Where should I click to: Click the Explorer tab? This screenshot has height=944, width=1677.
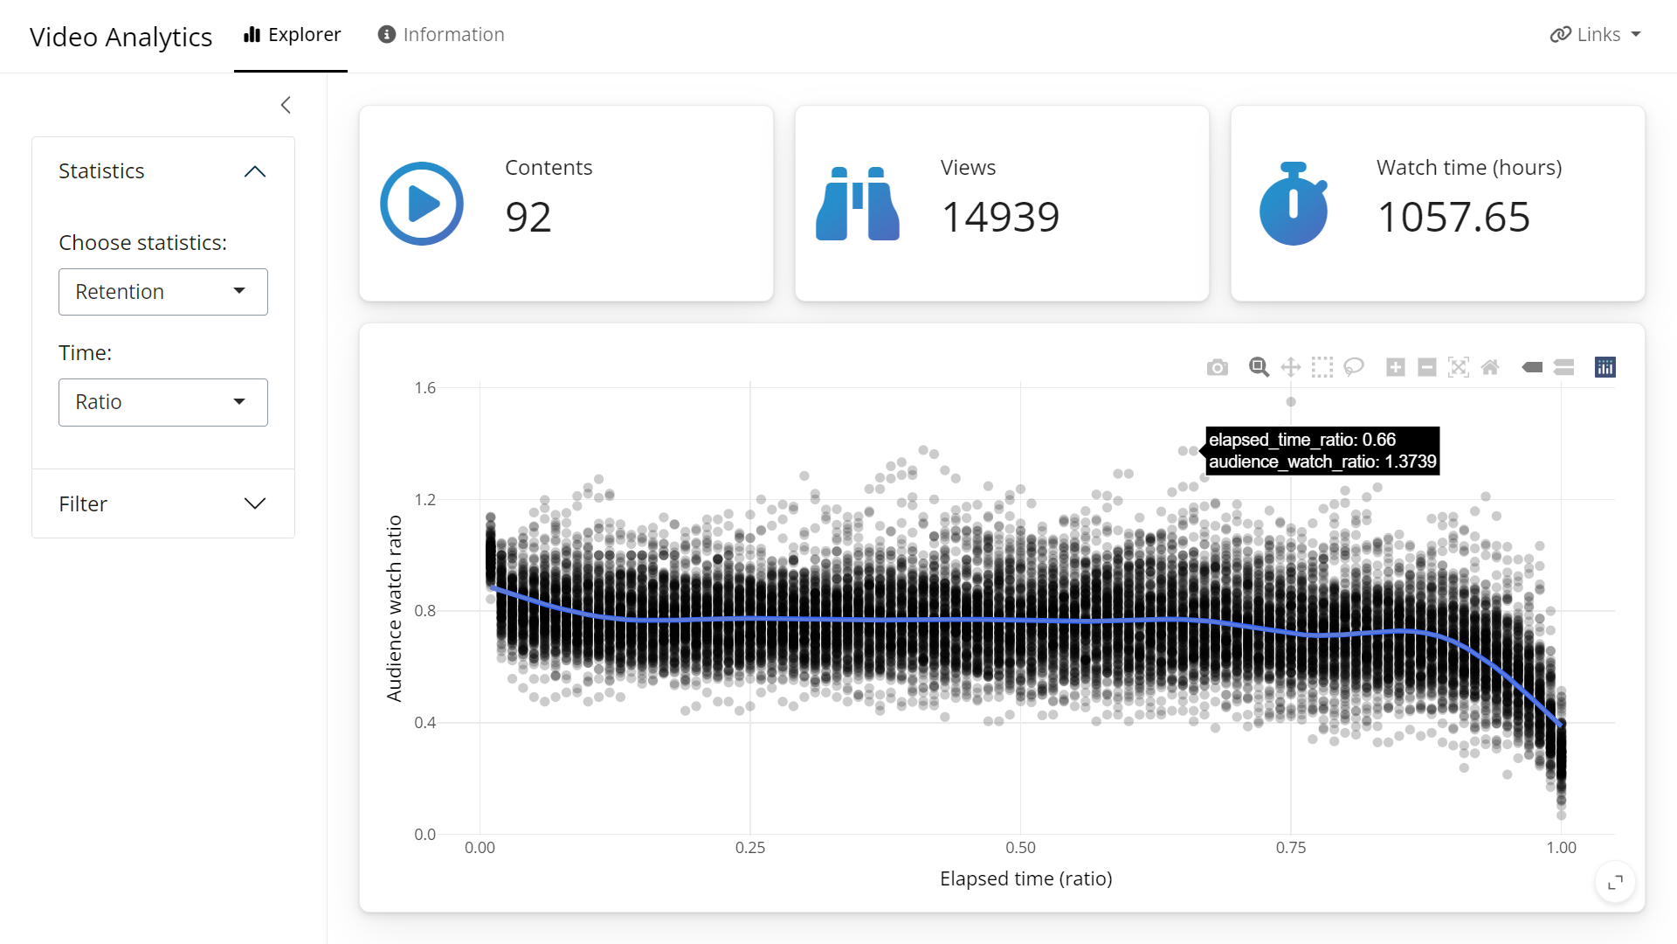click(292, 35)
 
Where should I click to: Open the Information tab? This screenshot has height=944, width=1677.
click(441, 35)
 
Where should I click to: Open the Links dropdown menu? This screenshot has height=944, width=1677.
click(1595, 35)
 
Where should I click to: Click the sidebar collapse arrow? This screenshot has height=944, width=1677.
click(286, 105)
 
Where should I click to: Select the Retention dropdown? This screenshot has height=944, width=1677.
click(163, 292)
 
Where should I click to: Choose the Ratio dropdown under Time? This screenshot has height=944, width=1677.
click(163, 402)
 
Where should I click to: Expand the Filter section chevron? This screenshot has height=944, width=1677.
click(254, 503)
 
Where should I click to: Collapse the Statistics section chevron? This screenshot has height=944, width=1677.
click(254, 171)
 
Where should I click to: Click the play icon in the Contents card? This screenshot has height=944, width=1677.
click(422, 204)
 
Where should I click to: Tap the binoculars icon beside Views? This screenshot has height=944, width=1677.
click(857, 204)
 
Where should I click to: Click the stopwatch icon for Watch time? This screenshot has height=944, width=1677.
click(1293, 204)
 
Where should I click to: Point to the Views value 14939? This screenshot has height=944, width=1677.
click(1000, 217)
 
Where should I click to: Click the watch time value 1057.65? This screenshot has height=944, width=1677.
click(1453, 217)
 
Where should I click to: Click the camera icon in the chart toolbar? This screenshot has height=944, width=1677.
click(1217, 368)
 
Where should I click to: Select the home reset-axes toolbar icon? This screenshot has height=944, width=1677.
click(1490, 368)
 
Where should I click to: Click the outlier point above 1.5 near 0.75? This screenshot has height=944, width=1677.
click(1291, 402)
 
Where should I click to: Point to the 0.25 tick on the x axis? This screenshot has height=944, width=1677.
click(749, 848)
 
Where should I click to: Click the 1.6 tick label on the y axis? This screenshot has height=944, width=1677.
click(425, 388)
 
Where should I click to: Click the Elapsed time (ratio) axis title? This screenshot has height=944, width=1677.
click(1025, 878)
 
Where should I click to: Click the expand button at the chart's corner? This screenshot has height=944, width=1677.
click(1615, 882)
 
